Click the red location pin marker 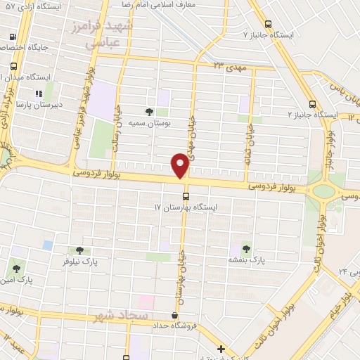point(180,165)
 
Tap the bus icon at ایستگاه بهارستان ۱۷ point(186,196)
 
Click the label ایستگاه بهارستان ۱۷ point(187,208)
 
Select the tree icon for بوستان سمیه point(148,111)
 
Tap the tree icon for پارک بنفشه point(246,247)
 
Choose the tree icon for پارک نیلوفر point(79,250)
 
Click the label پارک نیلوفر point(79,262)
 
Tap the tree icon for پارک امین point(16,268)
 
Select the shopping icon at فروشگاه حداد point(174,316)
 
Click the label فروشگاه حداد point(174,327)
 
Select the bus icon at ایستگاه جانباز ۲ point(312,103)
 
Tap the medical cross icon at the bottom point(221,349)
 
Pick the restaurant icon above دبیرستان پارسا point(39,92)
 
